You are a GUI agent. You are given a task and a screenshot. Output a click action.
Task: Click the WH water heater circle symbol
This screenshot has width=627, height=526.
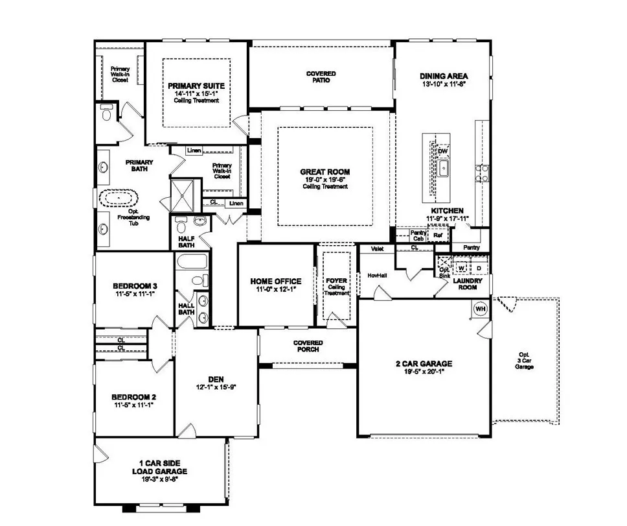481,309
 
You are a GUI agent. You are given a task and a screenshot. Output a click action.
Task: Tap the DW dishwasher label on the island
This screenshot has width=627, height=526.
443,151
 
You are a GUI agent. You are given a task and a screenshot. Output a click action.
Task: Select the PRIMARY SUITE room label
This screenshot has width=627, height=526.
196,86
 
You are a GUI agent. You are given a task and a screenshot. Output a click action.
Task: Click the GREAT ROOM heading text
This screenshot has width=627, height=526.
325,172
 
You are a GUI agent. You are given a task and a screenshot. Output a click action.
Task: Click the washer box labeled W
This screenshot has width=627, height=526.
462,267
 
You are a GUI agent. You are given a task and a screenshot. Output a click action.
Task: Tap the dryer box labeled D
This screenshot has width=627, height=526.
479,267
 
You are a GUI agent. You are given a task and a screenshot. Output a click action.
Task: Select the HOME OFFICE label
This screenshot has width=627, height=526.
276,281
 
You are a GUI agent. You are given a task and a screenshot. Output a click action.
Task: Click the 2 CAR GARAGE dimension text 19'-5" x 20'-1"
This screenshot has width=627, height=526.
424,372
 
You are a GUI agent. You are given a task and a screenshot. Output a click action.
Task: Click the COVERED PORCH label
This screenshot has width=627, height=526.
308,346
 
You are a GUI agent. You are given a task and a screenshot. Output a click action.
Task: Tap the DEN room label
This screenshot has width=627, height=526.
216,379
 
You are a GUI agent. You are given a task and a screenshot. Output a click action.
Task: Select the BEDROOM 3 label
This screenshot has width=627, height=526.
135,285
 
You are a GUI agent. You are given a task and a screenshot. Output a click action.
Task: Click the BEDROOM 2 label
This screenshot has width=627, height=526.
133,397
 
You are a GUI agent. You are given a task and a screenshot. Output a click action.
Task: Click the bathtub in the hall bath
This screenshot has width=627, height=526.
192,262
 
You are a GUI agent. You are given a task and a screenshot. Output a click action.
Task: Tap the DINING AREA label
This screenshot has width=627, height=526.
444,75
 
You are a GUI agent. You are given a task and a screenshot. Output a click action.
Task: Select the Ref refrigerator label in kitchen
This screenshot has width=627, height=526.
429,235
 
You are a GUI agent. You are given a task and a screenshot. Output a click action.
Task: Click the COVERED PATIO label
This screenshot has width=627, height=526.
321,77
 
